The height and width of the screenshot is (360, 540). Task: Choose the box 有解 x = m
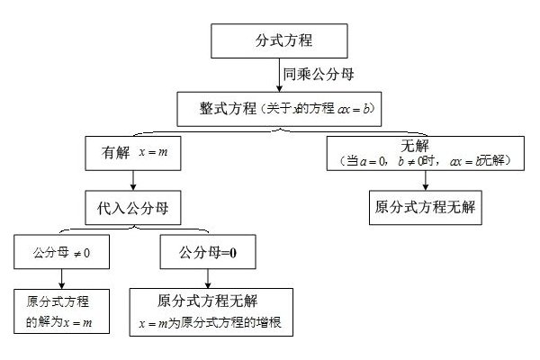click(x=132, y=153)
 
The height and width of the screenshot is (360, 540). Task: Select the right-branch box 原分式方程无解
click(x=422, y=206)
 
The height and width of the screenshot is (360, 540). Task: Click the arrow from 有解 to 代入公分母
click(x=133, y=179)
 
